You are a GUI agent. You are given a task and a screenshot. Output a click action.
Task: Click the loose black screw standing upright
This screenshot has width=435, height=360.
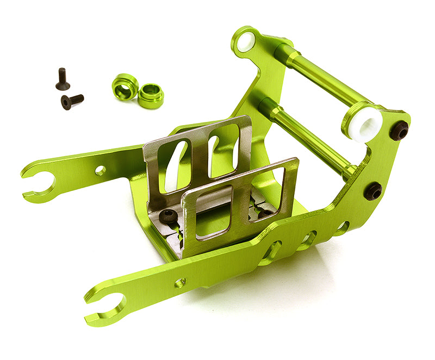point(63,79)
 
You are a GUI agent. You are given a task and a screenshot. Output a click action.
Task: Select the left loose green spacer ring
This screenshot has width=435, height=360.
point(125,86)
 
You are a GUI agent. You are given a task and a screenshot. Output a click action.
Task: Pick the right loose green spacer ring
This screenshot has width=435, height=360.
point(151,96)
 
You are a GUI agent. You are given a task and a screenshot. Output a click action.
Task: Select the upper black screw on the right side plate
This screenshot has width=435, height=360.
point(400,131)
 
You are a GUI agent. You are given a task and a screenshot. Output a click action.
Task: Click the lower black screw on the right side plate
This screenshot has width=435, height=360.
point(374,191)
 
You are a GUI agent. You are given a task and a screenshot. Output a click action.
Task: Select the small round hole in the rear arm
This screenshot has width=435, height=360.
point(101,170)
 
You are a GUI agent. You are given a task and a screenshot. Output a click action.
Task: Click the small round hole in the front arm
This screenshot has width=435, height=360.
point(180,282)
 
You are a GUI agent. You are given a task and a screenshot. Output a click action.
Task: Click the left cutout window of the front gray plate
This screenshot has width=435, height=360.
point(213,212)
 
